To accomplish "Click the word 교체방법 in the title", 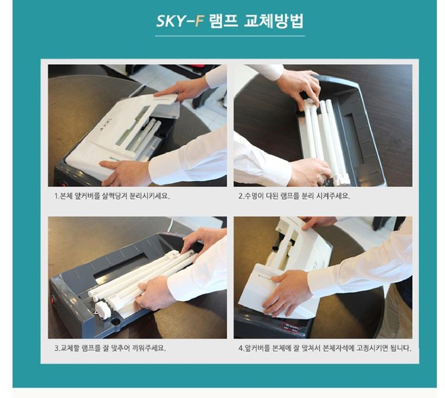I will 274,22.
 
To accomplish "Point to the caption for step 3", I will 110,347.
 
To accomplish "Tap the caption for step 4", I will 324,347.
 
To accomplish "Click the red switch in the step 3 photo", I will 56,299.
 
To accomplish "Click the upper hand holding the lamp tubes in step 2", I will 297,86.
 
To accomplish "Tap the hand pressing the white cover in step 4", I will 286,291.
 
